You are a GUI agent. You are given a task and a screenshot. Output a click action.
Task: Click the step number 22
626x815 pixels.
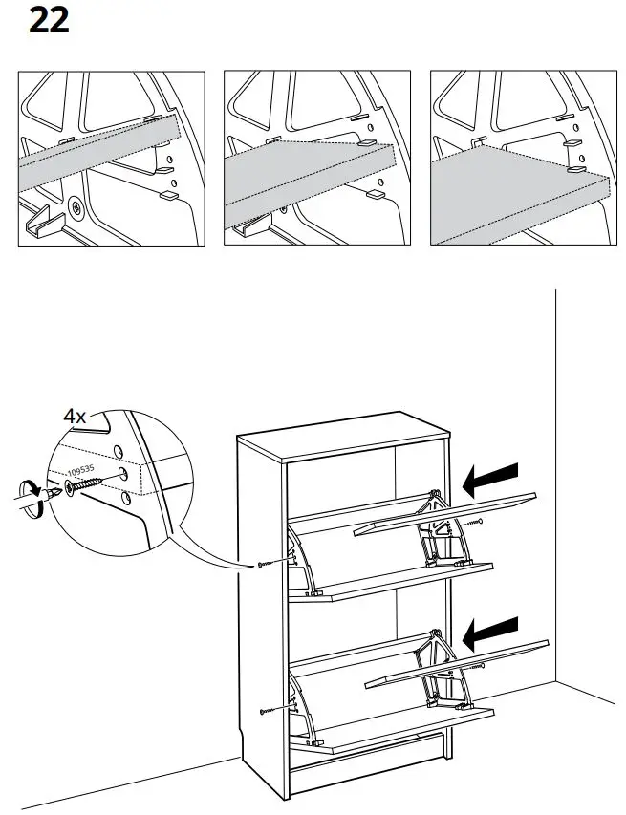point(49,20)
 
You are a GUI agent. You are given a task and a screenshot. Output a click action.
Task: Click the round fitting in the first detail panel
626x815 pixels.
point(75,205)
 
